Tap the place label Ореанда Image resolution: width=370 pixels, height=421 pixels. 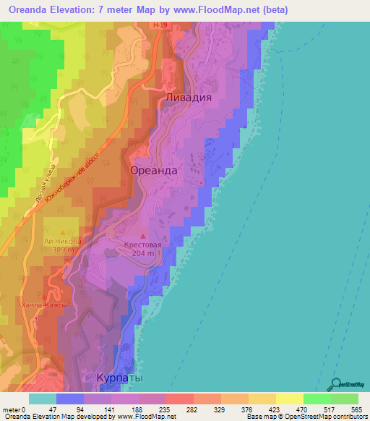coord(153,170)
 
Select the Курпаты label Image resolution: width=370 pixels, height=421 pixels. coord(120,378)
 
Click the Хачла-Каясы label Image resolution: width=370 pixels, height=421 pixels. coord(45,305)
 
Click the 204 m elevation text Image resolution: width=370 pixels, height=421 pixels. coord(143,255)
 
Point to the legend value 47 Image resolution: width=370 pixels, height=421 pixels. coord(51,409)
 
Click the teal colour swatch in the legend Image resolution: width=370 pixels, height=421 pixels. coord(42,399)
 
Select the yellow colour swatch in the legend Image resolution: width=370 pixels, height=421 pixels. coord(289,399)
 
